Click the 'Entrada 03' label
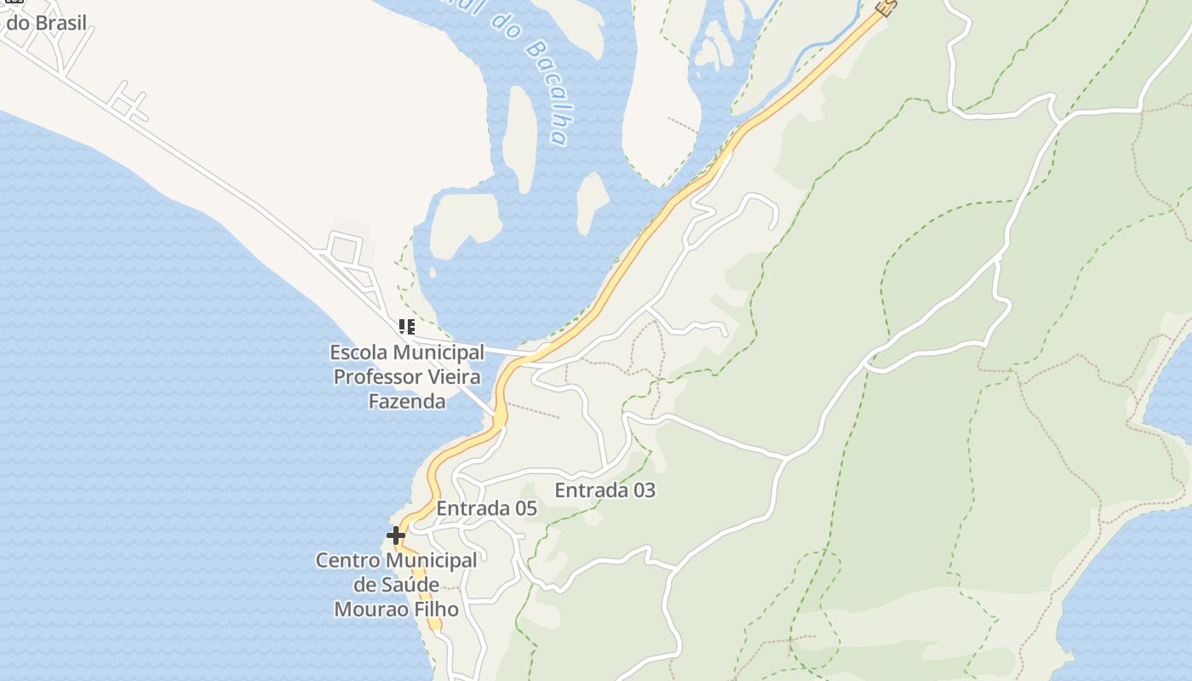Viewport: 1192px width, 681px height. [x=605, y=490]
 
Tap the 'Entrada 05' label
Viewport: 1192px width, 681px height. [x=486, y=508]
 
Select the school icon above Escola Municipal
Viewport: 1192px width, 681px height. [x=407, y=327]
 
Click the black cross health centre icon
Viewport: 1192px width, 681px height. [x=396, y=535]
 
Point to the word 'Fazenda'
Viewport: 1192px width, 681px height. [x=407, y=401]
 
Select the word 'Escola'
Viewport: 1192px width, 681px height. [x=358, y=352]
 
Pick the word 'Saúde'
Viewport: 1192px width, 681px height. [x=410, y=585]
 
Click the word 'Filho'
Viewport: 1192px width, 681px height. [x=435, y=609]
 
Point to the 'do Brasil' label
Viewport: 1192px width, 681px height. [x=47, y=23]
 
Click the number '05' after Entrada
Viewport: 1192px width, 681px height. [x=524, y=508]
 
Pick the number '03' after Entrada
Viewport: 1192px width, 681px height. [x=643, y=490]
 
